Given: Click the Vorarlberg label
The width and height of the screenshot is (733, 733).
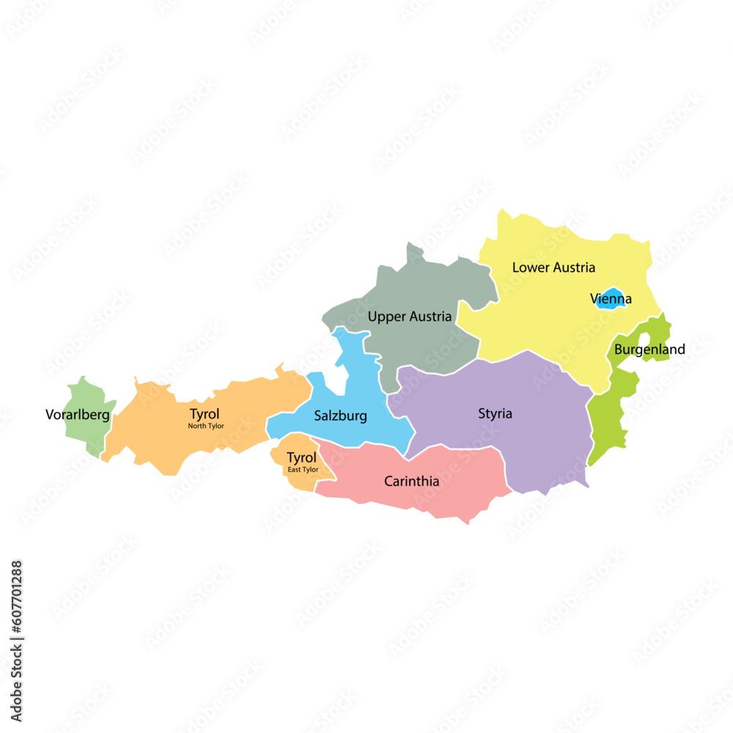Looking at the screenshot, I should coord(78,415).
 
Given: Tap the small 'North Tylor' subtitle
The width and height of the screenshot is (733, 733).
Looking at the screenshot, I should coord(206,426).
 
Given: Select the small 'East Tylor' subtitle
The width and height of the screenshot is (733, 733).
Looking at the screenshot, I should coord(303,469).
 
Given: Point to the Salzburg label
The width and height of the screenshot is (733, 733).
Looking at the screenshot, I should coord(340,416).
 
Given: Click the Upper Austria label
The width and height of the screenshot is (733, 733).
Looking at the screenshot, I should coord(410,317).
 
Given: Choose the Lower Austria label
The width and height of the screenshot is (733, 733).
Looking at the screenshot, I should coord(553,268).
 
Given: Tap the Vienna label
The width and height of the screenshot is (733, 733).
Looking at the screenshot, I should coord(611,299).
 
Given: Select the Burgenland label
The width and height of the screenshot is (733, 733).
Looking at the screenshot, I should coord(649,350).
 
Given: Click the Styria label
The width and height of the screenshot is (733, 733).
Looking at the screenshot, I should coord(496,413).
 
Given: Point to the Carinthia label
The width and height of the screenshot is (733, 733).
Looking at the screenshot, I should coord(412,482).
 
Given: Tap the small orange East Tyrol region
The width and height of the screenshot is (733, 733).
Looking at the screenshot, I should coord(293,480).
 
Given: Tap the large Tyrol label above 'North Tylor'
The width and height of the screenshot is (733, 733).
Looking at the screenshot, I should coord(205,414).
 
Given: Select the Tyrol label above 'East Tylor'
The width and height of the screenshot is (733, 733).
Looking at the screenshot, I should coord(301,458).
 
